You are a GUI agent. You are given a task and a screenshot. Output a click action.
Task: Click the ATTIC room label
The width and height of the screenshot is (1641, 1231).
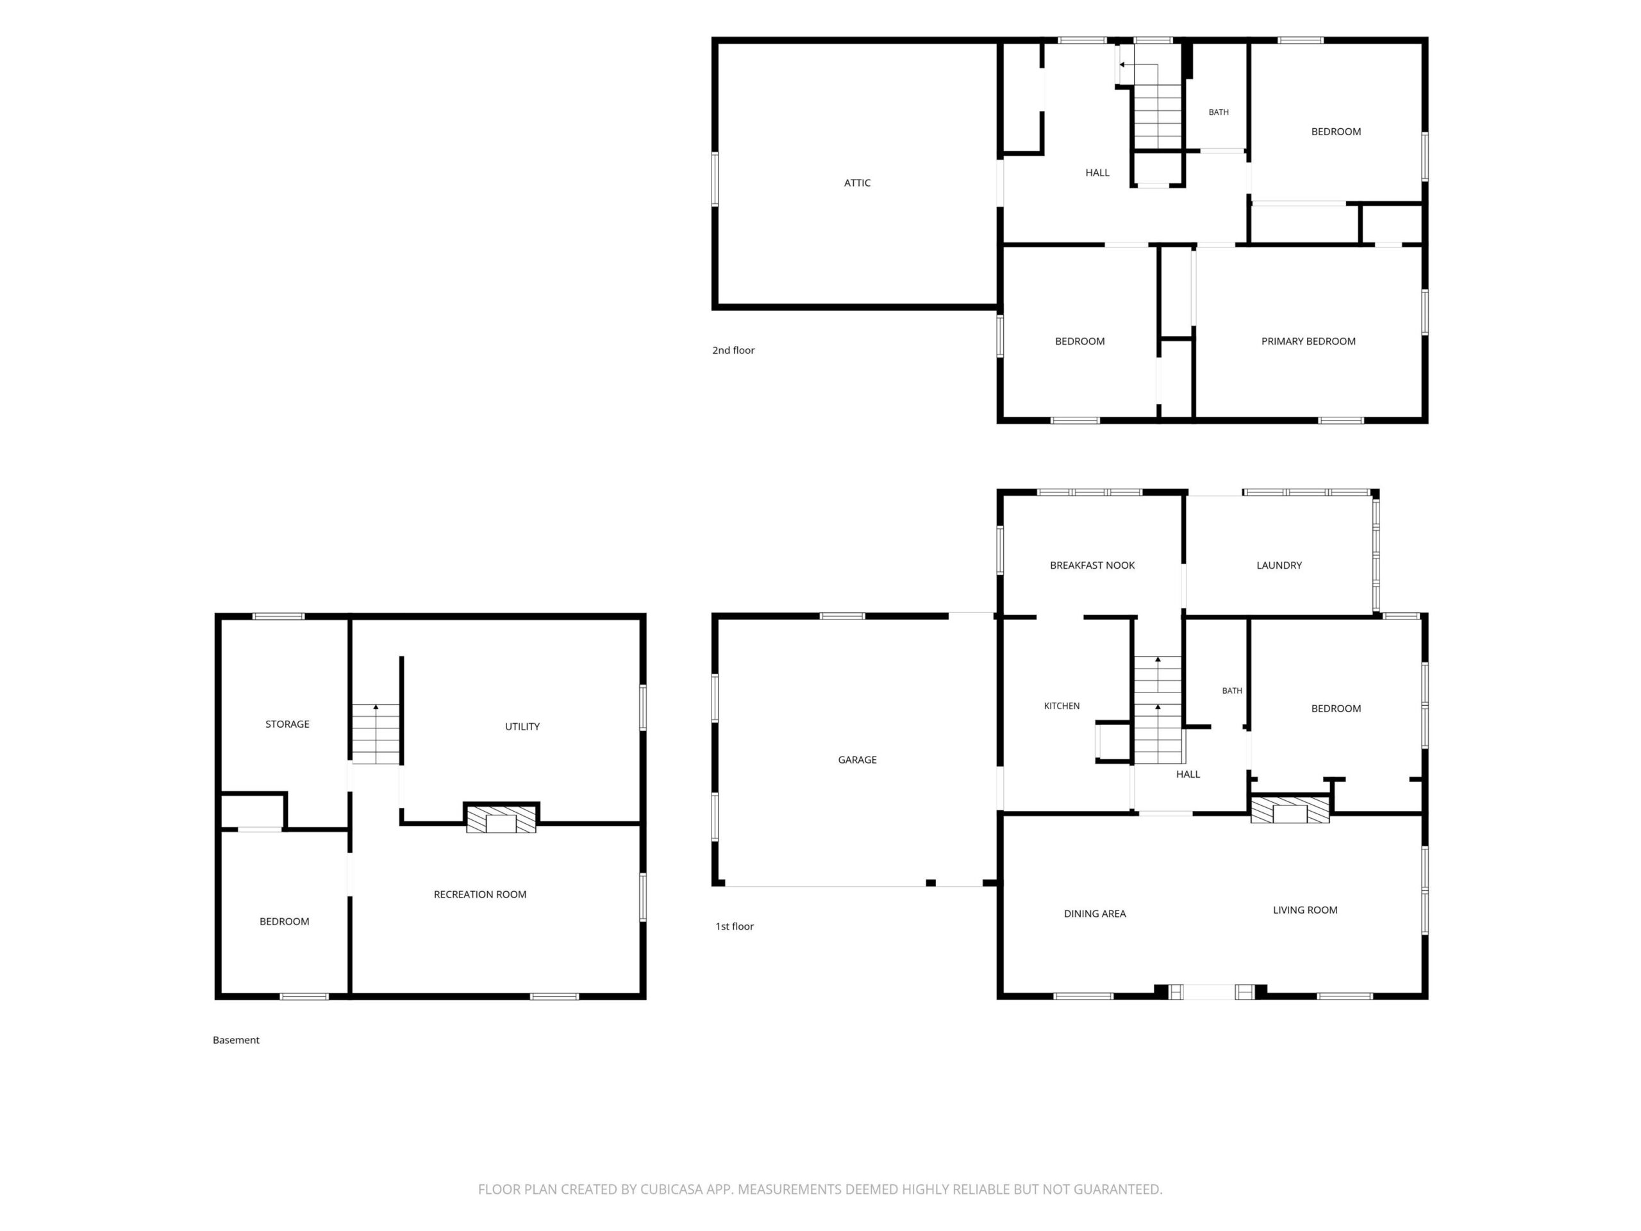pyautogui.click(x=857, y=183)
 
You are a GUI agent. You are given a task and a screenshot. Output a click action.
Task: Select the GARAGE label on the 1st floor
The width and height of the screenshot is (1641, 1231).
pyautogui.click(x=857, y=760)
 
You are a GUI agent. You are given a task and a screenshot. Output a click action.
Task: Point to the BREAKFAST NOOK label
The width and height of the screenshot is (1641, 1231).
pyautogui.click(x=1092, y=565)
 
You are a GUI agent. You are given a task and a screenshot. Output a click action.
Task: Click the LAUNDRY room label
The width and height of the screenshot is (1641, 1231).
pyautogui.click(x=1279, y=565)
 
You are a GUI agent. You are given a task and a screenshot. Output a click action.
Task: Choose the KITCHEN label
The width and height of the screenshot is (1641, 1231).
pyautogui.click(x=1062, y=707)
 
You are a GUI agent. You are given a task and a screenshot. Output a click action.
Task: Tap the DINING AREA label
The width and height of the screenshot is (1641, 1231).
pyautogui.click(x=1095, y=914)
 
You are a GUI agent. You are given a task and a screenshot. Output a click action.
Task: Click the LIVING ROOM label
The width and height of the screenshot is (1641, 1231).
pyautogui.click(x=1305, y=910)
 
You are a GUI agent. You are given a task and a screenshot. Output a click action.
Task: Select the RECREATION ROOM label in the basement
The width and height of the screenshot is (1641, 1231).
pyautogui.click(x=480, y=895)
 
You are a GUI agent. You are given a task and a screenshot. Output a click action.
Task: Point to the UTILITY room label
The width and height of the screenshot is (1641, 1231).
pyautogui.click(x=522, y=727)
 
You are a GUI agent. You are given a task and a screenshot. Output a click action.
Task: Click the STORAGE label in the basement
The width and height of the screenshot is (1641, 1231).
pyautogui.click(x=287, y=724)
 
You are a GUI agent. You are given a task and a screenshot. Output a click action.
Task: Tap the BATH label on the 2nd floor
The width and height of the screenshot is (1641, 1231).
pyautogui.click(x=1218, y=113)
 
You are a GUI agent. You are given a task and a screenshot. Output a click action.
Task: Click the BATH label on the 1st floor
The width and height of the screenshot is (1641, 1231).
pyautogui.click(x=1231, y=691)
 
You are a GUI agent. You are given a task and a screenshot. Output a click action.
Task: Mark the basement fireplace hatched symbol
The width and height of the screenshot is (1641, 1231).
pyautogui.click(x=501, y=819)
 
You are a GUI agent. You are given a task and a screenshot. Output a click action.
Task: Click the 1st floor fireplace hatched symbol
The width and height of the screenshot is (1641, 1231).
pyautogui.click(x=1290, y=810)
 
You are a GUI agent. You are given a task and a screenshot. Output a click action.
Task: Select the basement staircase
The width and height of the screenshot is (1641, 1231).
pyautogui.click(x=376, y=734)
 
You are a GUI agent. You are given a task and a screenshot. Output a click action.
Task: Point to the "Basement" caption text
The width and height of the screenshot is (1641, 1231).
pyautogui.click(x=236, y=1041)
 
